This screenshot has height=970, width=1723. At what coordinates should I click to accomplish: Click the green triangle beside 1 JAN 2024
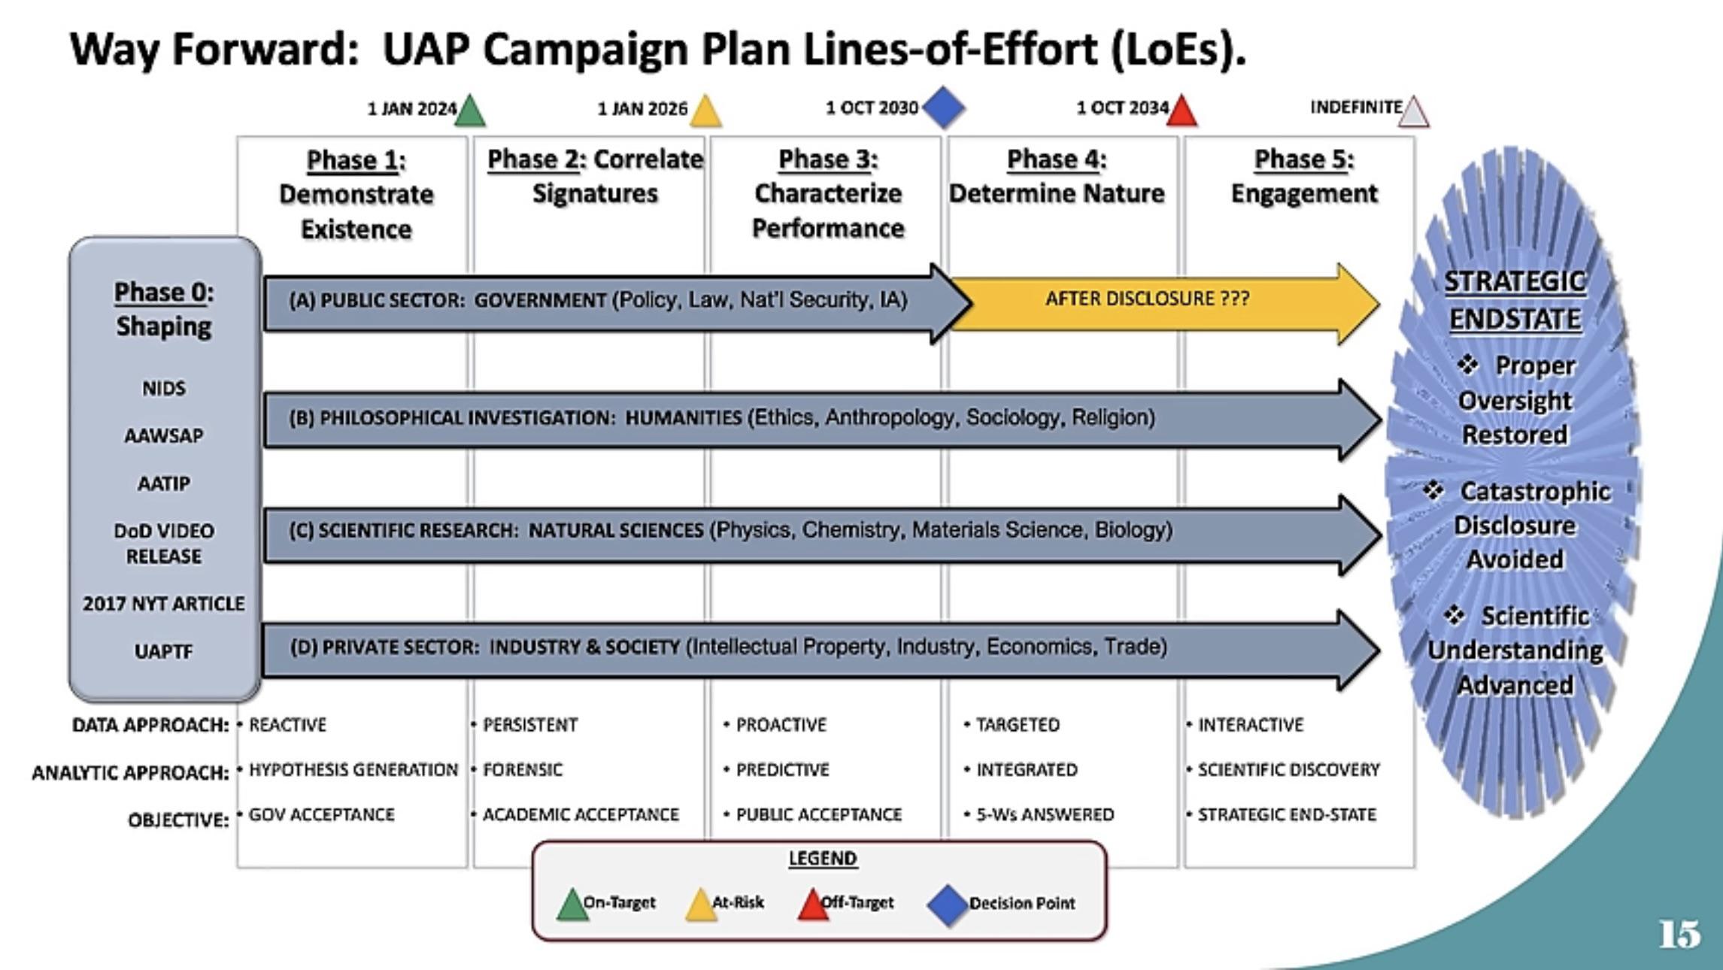coord(471,111)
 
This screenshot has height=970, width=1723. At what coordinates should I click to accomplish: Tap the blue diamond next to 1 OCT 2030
coord(944,108)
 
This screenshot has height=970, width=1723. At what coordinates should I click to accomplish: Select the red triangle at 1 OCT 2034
coord(1182,111)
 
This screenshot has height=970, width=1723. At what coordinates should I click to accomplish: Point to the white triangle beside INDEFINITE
coord(1414,112)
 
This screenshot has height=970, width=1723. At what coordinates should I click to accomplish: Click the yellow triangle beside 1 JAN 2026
coord(705,111)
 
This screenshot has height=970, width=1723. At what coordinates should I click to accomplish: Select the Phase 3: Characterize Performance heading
coord(828,194)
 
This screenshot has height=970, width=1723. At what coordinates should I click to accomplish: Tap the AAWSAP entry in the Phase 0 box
coord(164,436)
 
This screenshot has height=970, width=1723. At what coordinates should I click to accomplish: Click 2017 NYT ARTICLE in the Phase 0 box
coord(164,604)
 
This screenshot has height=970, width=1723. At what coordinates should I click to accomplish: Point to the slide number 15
coord(1679,935)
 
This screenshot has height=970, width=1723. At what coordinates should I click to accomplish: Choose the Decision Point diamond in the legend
coord(948,905)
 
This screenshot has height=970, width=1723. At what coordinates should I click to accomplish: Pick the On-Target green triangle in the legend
coord(572,905)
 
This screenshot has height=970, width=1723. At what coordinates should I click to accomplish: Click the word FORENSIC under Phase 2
coord(523,770)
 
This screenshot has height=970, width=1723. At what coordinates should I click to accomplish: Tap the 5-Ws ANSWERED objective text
coord(1045,815)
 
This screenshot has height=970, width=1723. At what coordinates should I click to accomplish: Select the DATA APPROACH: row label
coord(150,725)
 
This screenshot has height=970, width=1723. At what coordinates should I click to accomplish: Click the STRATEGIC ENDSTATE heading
coord(1515,300)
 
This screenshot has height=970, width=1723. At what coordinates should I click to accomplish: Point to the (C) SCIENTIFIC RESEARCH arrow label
coord(730,530)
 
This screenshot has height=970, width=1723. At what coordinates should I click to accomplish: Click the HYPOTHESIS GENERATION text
coord(353,770)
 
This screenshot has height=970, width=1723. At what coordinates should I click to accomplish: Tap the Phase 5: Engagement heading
coord(1304,177)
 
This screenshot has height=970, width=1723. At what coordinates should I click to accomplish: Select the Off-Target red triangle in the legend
coord(813,905)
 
